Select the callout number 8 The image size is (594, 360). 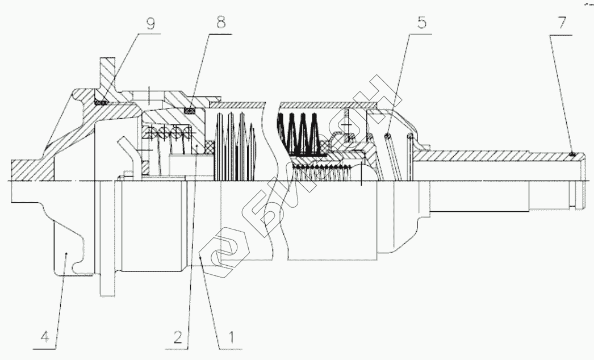pos(220,23)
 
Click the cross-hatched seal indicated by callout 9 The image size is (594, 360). pos(101,102)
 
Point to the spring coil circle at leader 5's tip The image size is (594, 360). pos(387,135)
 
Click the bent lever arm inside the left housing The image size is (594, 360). pos(130,153)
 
